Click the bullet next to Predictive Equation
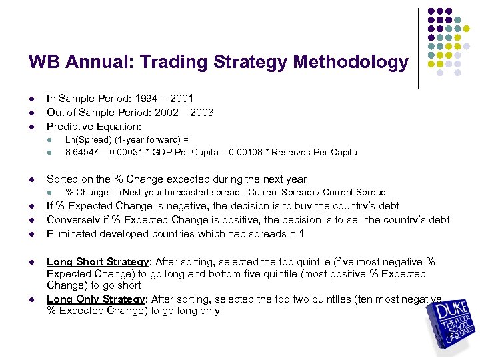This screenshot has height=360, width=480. pos(31,126)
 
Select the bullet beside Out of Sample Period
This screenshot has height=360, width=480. pos(31,113)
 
